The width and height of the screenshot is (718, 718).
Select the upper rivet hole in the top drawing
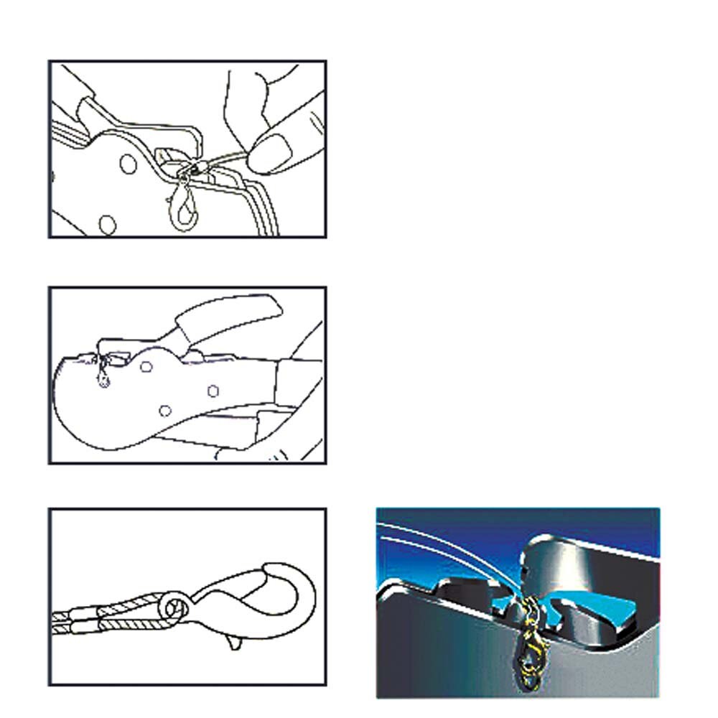pos(127,164)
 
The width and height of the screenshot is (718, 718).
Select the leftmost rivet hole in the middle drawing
pos(146,367)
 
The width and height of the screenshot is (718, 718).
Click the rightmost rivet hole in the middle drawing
pos(213,391)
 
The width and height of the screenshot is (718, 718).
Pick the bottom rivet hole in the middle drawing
pos(165,410)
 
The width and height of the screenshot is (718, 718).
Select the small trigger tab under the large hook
pos(233,641)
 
